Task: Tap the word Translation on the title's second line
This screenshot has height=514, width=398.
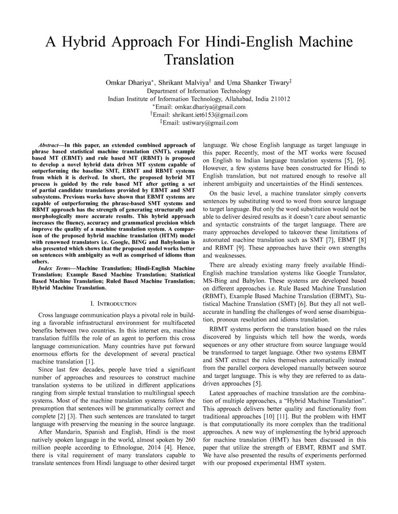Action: click(x=199, y=60)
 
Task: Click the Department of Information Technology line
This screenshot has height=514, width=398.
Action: click(x=199, y=91)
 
